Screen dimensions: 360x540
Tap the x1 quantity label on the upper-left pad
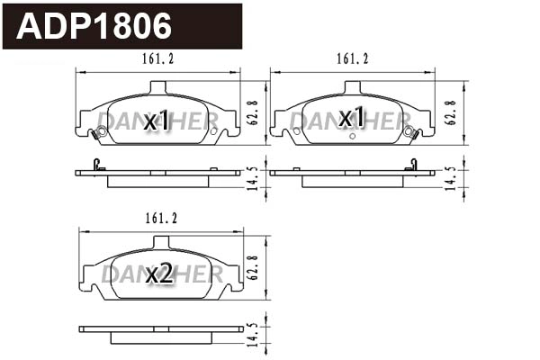(x=158, y=119)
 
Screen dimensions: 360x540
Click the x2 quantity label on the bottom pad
(x=158, y=274)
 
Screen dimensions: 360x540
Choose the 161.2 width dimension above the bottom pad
(x=158, y=219)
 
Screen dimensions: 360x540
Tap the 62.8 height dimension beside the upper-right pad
(x=450, y=112)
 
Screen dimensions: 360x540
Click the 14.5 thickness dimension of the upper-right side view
(x=450, y=177)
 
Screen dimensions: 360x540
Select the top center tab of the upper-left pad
(x=158, y=87)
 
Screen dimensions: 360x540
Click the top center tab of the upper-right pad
(x=352, y=87)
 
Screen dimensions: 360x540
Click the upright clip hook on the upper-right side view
(x=413, y=164)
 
